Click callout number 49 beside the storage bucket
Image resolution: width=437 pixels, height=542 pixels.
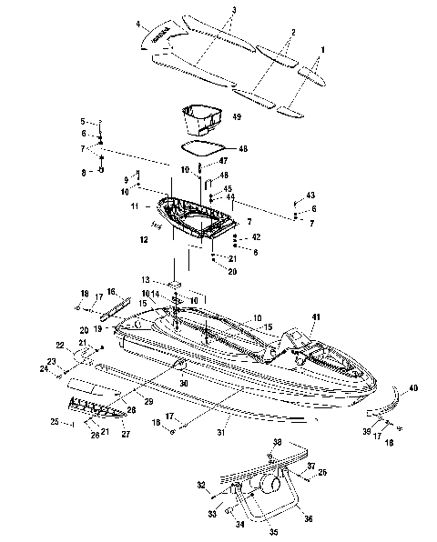click(236, 116)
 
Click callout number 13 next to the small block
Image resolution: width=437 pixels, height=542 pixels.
click(145, 279)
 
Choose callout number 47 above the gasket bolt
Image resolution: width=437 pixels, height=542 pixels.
click(223, 160)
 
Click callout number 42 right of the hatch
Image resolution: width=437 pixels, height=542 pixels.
click(256, 237)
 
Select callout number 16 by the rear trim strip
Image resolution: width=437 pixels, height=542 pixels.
click(112, 291)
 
